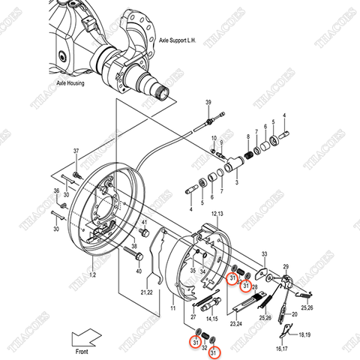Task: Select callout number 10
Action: [x=214, y=139]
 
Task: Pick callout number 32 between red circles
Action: [x=204, y=347]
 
